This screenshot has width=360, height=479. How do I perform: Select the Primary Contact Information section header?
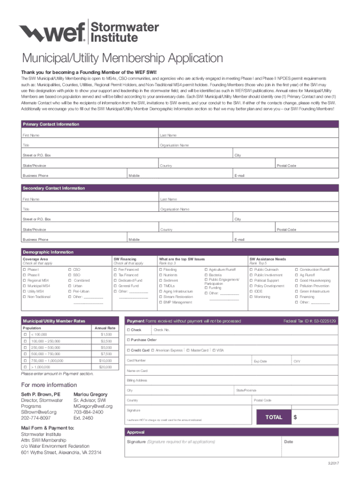coord(51,124)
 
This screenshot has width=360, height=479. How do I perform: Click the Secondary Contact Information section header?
coord(54,188)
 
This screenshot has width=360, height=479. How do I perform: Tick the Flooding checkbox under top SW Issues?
coord(161,270)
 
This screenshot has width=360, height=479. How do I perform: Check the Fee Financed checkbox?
coord(115,270)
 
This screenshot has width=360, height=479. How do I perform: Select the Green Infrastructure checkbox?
coord(296,291)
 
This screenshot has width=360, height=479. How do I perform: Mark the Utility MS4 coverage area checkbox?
coord(24,291)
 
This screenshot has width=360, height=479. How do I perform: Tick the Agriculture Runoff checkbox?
coord(206,270)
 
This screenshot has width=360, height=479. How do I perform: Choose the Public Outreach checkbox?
coord(251,270)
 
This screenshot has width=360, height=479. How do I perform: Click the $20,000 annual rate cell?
coord(105,368)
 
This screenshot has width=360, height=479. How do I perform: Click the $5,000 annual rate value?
coord(105,348)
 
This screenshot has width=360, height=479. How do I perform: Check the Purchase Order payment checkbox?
coord(129,340)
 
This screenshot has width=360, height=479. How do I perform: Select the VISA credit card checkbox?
coord(214,350)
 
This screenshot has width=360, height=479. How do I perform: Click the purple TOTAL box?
coord(274,417)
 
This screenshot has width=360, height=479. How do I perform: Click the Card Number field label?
coord(136,361)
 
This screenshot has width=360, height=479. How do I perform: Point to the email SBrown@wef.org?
coord(39,412)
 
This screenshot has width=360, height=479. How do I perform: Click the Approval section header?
coord(136,432)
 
